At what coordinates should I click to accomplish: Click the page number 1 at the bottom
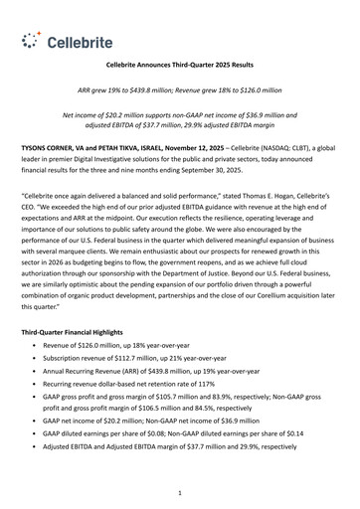(179, 491)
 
